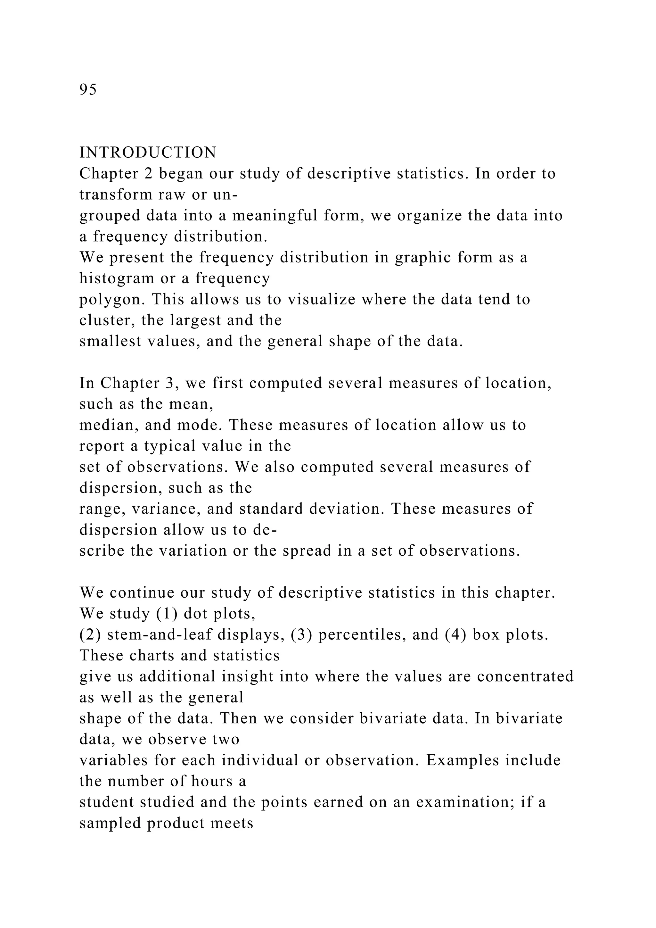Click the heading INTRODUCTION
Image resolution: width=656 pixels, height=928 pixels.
tap(148, 153)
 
